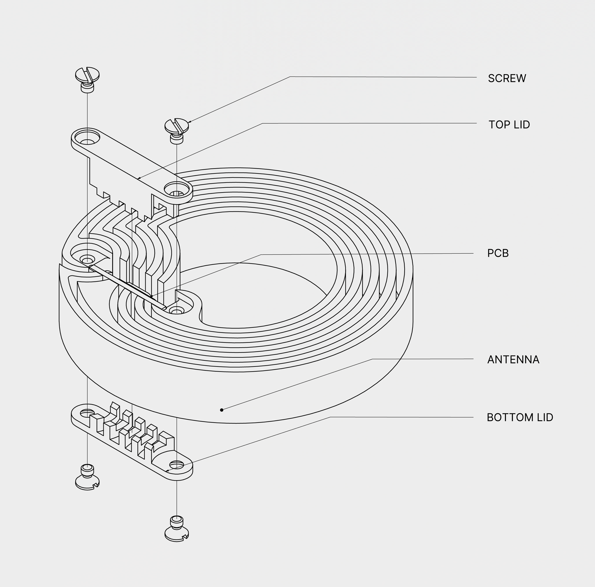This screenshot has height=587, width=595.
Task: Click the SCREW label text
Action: click(507, 78)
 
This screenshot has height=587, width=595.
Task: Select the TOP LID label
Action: click(509, 125)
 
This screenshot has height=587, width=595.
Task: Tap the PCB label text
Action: click(498, 253)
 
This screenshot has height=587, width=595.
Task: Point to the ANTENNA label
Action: click(513, 359)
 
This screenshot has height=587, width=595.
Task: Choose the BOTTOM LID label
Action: click(520, 417)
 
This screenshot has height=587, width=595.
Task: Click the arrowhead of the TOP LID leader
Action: click(139, 178)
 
